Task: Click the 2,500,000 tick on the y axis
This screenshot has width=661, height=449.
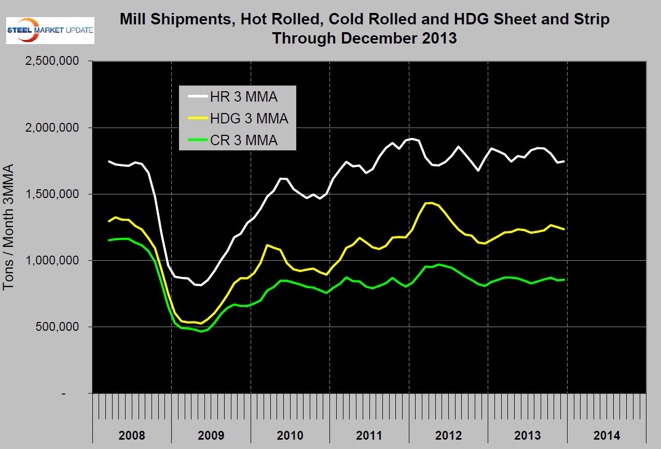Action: [51, 61]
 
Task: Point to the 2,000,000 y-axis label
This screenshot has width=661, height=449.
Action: [51, 128]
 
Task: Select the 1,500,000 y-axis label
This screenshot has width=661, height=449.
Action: [51, 194]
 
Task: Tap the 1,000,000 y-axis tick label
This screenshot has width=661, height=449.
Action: [51, 260]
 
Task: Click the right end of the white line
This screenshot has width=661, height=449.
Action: [563, 161]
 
